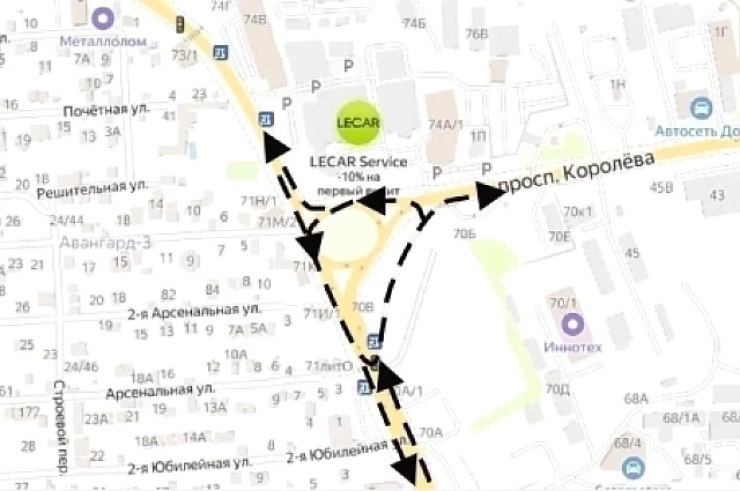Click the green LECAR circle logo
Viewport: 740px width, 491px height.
tap(358, 121)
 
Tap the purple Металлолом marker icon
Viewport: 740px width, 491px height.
tap(103, 18)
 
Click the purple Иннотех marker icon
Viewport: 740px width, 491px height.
tap(573, 323)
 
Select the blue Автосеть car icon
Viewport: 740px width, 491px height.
tap(701, 108)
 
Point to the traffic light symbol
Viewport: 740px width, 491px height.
tap(180, 24)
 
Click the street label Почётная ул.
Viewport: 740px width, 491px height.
tap(107, 111)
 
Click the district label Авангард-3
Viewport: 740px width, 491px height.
tap(105, 242)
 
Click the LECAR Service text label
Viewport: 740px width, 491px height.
tap(358, 163)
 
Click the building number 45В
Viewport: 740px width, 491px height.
tap(660, 188)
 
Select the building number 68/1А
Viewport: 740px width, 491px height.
tap(681, 418)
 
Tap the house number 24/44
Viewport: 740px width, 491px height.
tap(67, 220)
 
